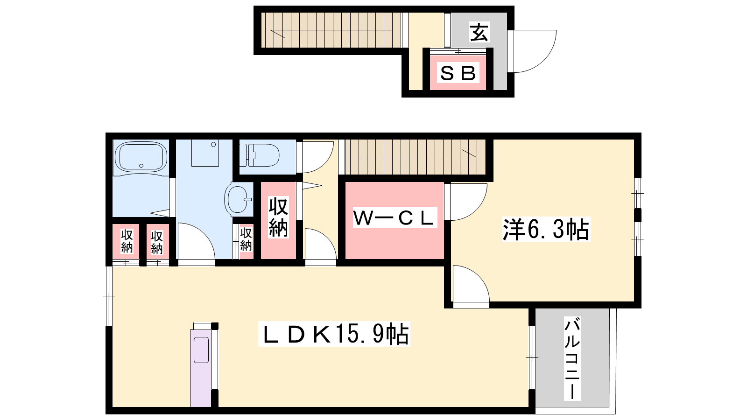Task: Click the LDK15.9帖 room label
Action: click(x=334, y=334)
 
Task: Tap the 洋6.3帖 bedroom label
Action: click(x=545, y=229)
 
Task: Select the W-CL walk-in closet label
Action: click(x=394, y=218)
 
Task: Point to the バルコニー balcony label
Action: click(x=572, y=358)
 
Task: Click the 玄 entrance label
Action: click(x=479, y=32)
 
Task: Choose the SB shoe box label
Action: click(x=458, y=73)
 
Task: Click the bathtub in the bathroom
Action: click(x=141, y=157)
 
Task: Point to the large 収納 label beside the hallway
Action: click(x=278, y=217)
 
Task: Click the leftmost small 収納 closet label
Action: click(x=127, y=241)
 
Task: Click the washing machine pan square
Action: click(x=205, y=153)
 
